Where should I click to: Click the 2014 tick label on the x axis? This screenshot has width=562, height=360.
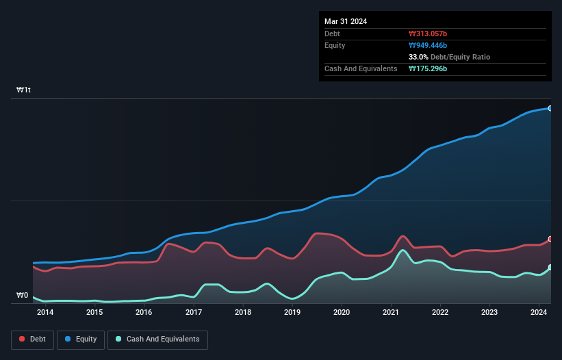[x=45, y=312]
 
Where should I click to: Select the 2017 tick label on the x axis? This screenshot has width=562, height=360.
[x=193, y=312]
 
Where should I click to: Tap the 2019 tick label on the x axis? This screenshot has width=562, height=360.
[x=292, y=312]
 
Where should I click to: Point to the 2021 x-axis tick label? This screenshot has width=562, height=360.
[x=391, y=312]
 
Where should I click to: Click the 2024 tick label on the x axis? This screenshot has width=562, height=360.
[x=539, y=312]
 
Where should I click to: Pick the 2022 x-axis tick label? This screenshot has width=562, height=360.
[x=440, y=312]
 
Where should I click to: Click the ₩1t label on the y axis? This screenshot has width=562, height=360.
[x=24, y=90]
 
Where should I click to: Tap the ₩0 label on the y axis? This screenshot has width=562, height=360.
[x=23, y=296]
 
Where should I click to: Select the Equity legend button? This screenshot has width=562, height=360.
[x=81, y=339]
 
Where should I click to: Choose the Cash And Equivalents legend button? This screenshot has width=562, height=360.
[x=157, y=339]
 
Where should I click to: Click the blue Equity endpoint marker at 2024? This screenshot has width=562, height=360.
[x=550, y=108]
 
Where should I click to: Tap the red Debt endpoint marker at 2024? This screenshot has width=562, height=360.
[x=550, y=239]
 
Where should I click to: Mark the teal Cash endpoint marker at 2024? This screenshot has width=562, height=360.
[x=550, y=267]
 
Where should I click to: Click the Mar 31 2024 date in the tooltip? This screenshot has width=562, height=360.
[x=346, y=21]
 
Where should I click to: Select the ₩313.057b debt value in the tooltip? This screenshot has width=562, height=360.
[x=428, y=34]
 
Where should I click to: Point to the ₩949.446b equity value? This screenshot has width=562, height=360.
[x=429, y=45]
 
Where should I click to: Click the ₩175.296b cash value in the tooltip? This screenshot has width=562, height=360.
[x=428, y=68]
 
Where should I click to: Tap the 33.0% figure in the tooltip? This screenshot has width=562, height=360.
[x=419, y=57]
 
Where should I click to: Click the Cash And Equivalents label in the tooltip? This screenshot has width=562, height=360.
[x=361, y=68]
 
